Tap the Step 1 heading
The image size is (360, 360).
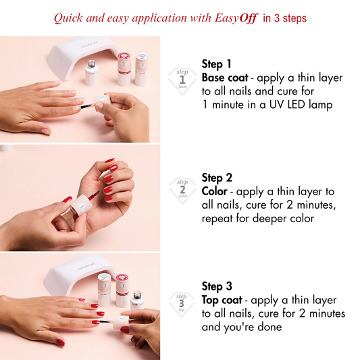(217, 64)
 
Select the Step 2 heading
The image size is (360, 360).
(217, 178)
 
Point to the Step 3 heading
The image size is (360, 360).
(217, 286)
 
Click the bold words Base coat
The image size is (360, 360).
(224, 78)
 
